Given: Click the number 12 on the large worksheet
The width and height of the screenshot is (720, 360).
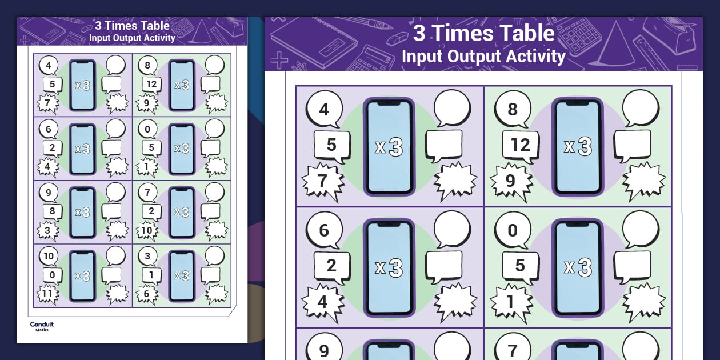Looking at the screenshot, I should coord(521,145).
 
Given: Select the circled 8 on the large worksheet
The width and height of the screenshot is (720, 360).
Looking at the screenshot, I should coord(513,109).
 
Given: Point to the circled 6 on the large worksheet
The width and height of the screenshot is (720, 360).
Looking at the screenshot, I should coord(324,230).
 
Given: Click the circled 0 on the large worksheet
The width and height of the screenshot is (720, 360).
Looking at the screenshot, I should coord(513,230).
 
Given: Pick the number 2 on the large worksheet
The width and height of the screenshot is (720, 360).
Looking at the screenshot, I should coord(331,266).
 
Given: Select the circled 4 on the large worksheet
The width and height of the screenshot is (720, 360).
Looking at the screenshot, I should coord(324,109).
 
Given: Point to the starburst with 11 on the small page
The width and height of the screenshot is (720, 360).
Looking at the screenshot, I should coord(48,294).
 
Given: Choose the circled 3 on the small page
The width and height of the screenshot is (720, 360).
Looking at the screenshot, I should coord(147,256).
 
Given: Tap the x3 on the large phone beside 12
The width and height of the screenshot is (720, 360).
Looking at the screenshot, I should coord(577,147).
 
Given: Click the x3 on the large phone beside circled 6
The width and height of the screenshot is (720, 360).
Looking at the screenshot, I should coord(389,267).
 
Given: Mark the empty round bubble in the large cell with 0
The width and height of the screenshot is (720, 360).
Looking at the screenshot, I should coord(640,229).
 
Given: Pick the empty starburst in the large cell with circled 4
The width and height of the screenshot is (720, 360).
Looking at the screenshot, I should coord(455,182).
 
